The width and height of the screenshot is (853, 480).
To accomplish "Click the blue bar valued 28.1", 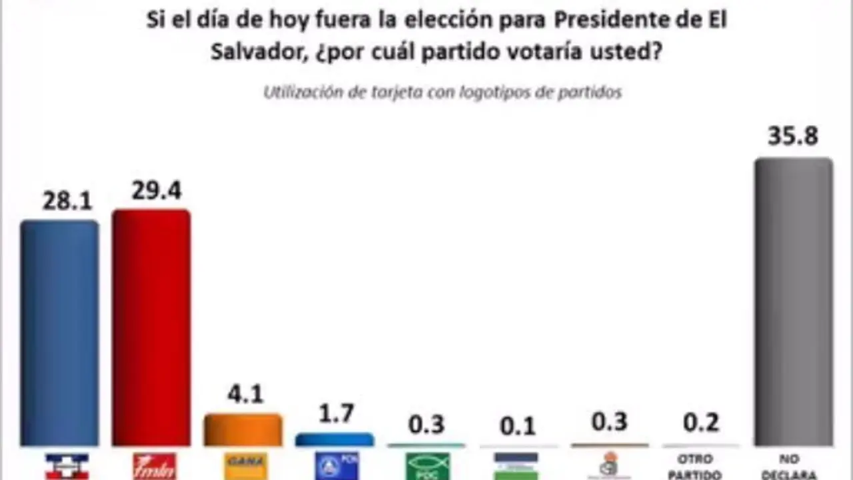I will (x=59, y=333).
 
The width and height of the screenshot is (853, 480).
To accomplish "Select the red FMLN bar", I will (x=151, y=328).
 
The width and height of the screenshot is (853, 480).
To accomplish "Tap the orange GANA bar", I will (x=243, y=430).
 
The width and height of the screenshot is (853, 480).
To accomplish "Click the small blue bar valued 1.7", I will (x=335, y=439).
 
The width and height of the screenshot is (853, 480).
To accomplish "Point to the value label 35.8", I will (x=793, y=136).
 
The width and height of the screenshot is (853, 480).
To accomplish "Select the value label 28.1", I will (x=67, y=201).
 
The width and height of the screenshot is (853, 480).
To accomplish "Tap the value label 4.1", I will (x=246, y=394).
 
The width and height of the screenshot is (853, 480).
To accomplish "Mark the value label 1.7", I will (x=336, y=414).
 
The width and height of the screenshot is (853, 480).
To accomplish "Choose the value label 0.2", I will (x=701, y=423).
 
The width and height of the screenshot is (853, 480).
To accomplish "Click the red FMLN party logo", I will (x=155, y=466).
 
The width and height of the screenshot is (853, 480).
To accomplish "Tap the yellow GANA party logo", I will (x=246, y=465).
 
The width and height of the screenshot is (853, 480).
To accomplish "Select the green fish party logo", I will (x=428, y=466).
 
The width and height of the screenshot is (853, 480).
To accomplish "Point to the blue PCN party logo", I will (x=337, y=465).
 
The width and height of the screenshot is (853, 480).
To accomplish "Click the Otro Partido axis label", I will (x=694, y=467).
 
